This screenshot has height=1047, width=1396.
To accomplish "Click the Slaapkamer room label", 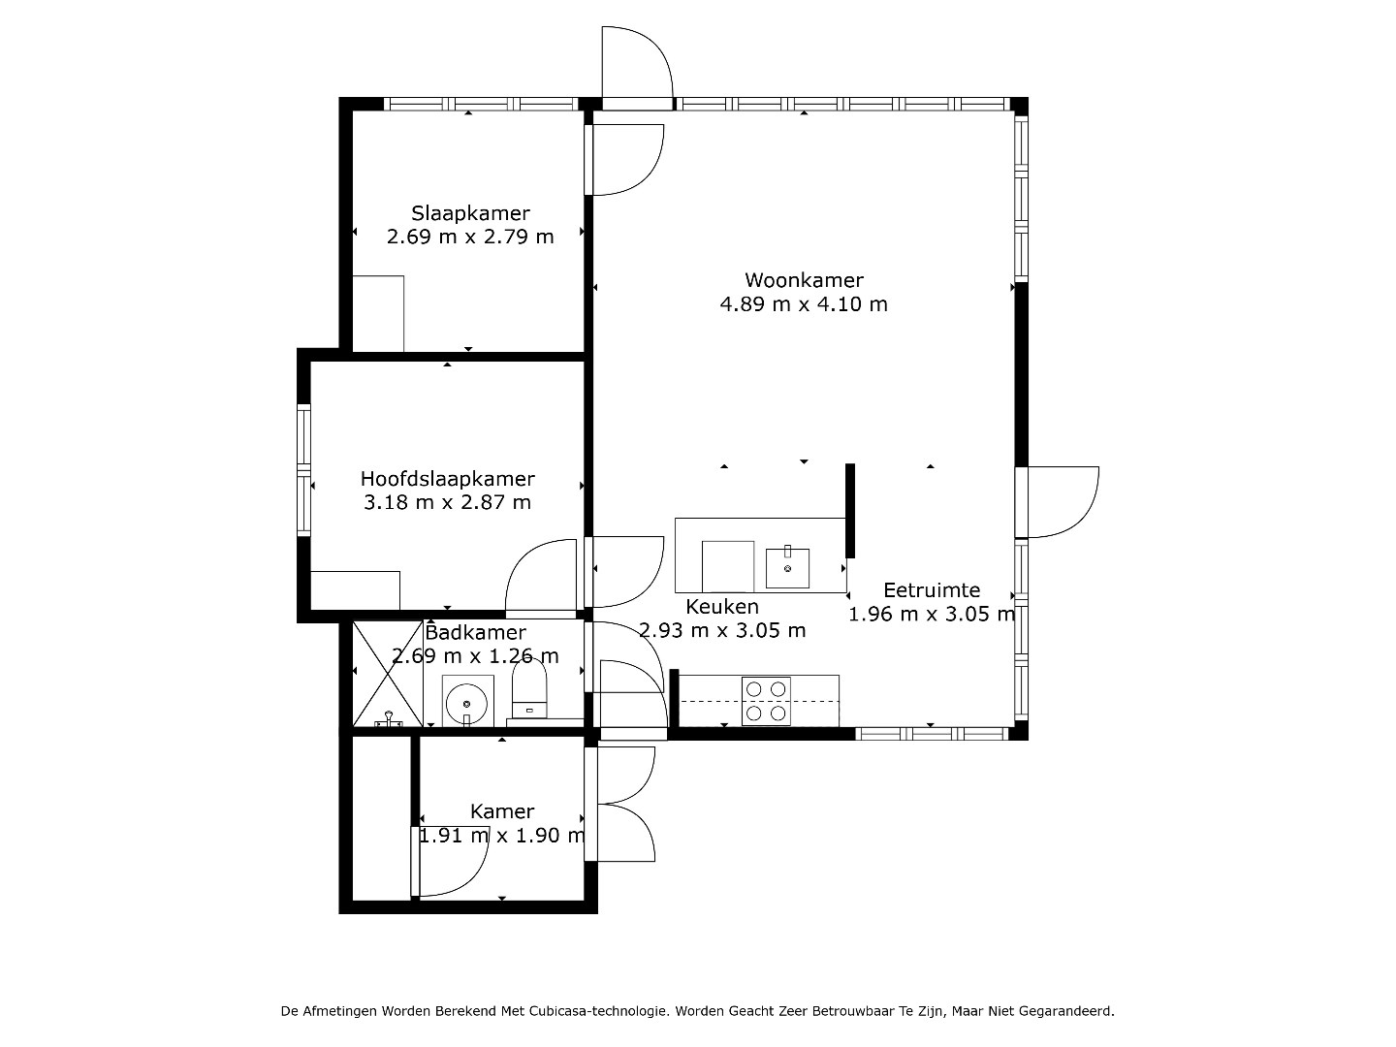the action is point(470,213).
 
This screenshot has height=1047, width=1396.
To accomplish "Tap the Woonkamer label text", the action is point(804,280).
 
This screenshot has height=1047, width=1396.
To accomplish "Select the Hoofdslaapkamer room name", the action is point(447,479).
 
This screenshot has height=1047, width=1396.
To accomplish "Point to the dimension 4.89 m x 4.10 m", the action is point(804,304).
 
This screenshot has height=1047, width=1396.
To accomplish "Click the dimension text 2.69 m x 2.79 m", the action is point(470,238).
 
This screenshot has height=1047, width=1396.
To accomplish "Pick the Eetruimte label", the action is point(932,590).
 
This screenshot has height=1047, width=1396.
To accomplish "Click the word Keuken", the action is point(722,607).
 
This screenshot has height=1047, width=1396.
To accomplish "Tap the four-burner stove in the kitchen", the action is point(766,701).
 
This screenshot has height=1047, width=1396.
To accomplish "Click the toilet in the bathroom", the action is point(529,689).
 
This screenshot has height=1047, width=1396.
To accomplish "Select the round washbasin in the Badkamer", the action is point(467,704).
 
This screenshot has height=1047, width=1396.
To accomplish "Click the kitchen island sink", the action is point(787,567).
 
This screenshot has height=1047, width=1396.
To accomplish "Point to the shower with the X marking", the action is point(388,673).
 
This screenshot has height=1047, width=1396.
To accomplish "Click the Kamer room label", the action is point(502,811).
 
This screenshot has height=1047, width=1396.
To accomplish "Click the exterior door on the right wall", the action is point(1057,502).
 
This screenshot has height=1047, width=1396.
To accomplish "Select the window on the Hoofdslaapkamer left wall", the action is point(304,470).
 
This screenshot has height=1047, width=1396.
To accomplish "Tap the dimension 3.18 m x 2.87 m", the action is point(447,503).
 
